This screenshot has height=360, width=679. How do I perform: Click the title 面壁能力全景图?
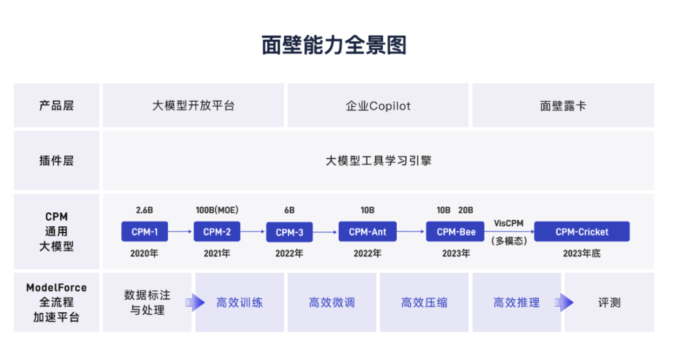point(334,45)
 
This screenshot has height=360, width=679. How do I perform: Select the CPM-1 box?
point(145,231)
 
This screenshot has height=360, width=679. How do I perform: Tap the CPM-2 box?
point(217,231)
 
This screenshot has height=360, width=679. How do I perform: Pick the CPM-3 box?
point(289,232)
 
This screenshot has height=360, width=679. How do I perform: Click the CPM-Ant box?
point(367,231)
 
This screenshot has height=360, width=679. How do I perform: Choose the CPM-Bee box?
point(455,231)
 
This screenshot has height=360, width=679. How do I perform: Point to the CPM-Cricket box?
point(582,231)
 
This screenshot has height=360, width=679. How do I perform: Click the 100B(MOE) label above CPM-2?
point(217,210)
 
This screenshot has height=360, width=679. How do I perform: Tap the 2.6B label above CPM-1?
point(145,210)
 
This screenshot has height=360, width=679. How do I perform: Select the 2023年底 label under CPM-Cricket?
point(582,254)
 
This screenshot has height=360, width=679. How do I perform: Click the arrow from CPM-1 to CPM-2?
point(180,231)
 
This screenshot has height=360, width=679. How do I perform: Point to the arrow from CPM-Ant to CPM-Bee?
point(411,231)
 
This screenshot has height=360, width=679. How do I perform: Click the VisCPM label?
point(509,223)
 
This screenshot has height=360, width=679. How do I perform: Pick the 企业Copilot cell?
point(378,106)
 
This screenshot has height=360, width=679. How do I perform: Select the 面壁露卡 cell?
point(563,106)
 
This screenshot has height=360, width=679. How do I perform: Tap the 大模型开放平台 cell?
point(194,106)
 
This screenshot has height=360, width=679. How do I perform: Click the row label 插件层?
point(57,161)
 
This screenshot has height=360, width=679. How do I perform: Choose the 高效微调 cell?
point(332,302)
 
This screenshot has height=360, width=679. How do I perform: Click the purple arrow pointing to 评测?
point(564,302)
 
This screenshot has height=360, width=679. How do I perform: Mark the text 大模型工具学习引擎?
point(378,161)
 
